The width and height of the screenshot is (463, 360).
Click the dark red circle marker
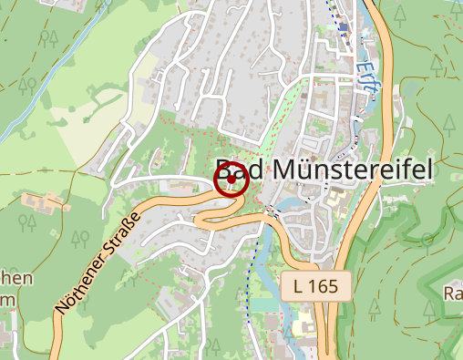point(231,179)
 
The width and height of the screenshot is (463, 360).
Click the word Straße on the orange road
point(125,233)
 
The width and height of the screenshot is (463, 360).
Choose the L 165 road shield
point(315,285)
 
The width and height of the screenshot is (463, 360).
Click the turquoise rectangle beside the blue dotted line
point(263,302)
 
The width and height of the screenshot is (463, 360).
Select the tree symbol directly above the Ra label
point(427,242)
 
